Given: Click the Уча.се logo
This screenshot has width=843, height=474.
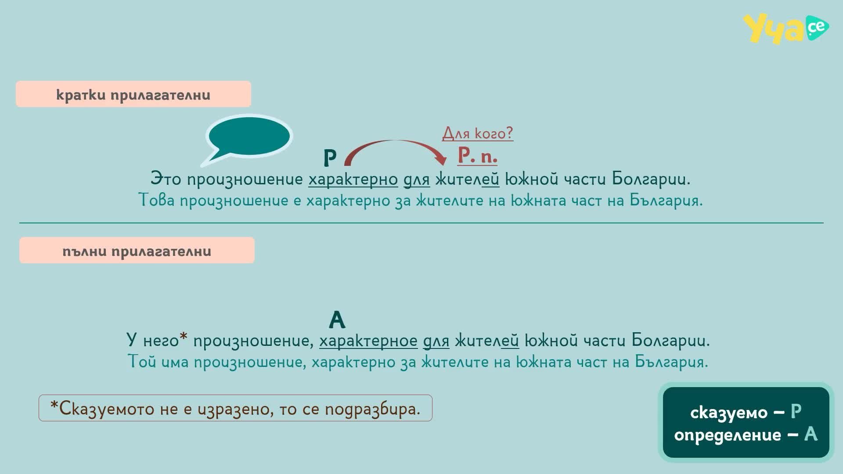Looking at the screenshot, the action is [785, 29].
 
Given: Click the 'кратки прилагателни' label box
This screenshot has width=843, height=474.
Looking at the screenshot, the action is [133, 94].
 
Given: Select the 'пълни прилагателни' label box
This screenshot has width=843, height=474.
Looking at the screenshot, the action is [137, 251].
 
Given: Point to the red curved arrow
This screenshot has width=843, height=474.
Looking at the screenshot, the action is [395, 141].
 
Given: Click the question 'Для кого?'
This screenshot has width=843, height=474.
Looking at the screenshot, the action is [478, 133].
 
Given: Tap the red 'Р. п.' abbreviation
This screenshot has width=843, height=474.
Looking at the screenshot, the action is [477, 155].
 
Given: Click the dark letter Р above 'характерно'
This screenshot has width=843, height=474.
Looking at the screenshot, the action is [330, 158].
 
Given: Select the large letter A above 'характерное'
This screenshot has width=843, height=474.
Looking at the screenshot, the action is [337, 320].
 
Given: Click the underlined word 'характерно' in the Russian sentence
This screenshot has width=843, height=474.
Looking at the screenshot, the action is [353, 179].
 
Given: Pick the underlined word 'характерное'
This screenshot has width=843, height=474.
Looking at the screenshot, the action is [368, 341].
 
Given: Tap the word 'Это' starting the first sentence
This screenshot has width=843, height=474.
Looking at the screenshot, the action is [166, 179].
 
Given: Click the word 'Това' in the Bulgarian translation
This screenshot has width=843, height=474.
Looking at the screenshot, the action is [157, 200].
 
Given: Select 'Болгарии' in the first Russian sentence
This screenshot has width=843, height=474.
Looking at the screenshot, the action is [651, 179].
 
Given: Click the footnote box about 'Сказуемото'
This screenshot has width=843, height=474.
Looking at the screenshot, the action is [235, 408].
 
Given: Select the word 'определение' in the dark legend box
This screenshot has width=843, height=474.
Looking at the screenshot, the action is [728, 435].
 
